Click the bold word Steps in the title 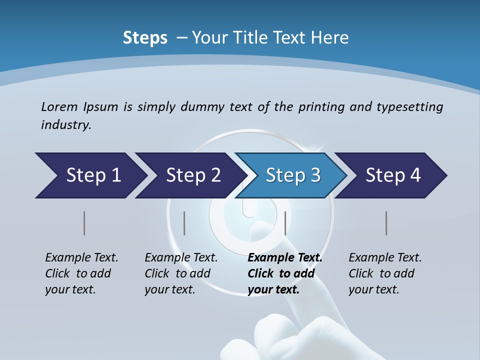(x=145, y=38)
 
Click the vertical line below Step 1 (x=84, y=223)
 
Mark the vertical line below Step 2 (x=184, y=223)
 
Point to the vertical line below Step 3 (x=285, y=223)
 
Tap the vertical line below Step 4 (x=386, y=223)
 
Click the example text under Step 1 (x=81, y=273)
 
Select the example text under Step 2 (x=180, y=273)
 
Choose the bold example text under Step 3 (x=284, y=273)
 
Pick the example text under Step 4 (x=384, y=273)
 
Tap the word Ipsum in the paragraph (x=101, y=106)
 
